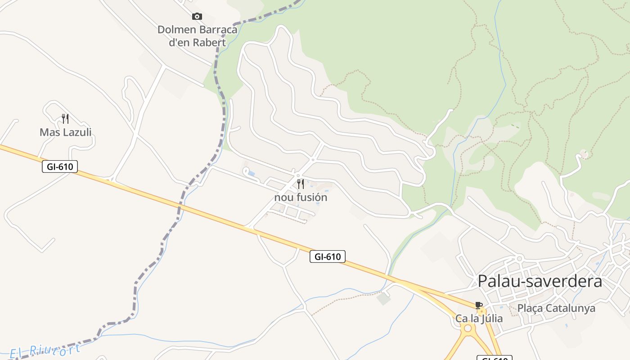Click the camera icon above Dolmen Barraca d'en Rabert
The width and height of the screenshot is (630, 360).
pyautogui.click(x=197, y=17)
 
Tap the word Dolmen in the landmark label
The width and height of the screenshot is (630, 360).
pyautogui.click(x=176, y=30)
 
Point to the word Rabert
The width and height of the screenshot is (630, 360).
pyautogui.click(x=209, y=43)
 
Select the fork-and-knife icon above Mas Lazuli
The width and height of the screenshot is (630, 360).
pyautogui.click(x=65, y=119)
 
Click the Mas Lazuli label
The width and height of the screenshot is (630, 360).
pyautogui.click(x=66, y=132)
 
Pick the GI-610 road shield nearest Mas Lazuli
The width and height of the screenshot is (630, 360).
pyautogui.click(x=60, y=166)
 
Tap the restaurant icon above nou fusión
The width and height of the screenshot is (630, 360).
pyautogui.click(x=301, y=184)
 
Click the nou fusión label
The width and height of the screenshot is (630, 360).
pyautogui.click(x=301, y=198)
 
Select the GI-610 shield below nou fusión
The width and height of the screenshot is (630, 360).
pyautogui.click(x=328, y=257)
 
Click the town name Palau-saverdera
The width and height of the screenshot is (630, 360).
pyautogui.click(x=540, y=281)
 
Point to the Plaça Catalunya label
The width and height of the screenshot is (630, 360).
pyautogui.click(x=556, y=308)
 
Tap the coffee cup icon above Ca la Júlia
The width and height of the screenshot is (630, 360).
pyautogui.click(x=479, y=306)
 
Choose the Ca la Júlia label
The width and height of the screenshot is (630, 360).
pyautogui.click(x=479, y=319)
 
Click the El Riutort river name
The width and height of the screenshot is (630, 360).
pyautogui.click(x=45, y=350)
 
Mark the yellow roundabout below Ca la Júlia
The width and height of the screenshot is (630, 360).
pyautogui.click(x=468, y=328)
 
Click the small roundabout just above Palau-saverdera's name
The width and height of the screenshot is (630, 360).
pyautogui.click(x=519, y=258)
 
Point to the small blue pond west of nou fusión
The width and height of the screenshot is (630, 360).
pyautogui.click(x=251, y=174)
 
